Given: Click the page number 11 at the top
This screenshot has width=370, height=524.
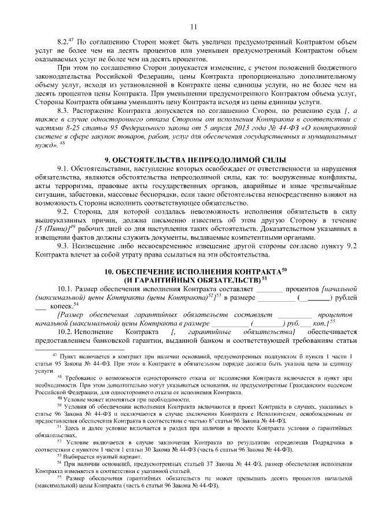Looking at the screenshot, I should (193, 25).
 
